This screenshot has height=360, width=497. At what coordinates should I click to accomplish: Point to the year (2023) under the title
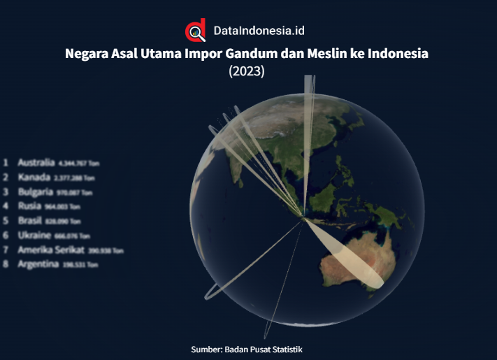[247, 71]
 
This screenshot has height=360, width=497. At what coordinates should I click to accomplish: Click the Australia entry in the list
[36, 161]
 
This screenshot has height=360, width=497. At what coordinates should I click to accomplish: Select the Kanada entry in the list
[34, 176]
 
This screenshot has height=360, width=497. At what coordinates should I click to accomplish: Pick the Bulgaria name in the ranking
[36, 191]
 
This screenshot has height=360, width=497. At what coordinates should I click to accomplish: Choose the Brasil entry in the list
[31, 220]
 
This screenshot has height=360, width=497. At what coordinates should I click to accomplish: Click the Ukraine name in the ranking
[34, 235]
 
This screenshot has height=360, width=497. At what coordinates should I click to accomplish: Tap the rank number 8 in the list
[6, 264]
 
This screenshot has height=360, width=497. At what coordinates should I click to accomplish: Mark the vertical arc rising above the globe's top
[308, 98]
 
